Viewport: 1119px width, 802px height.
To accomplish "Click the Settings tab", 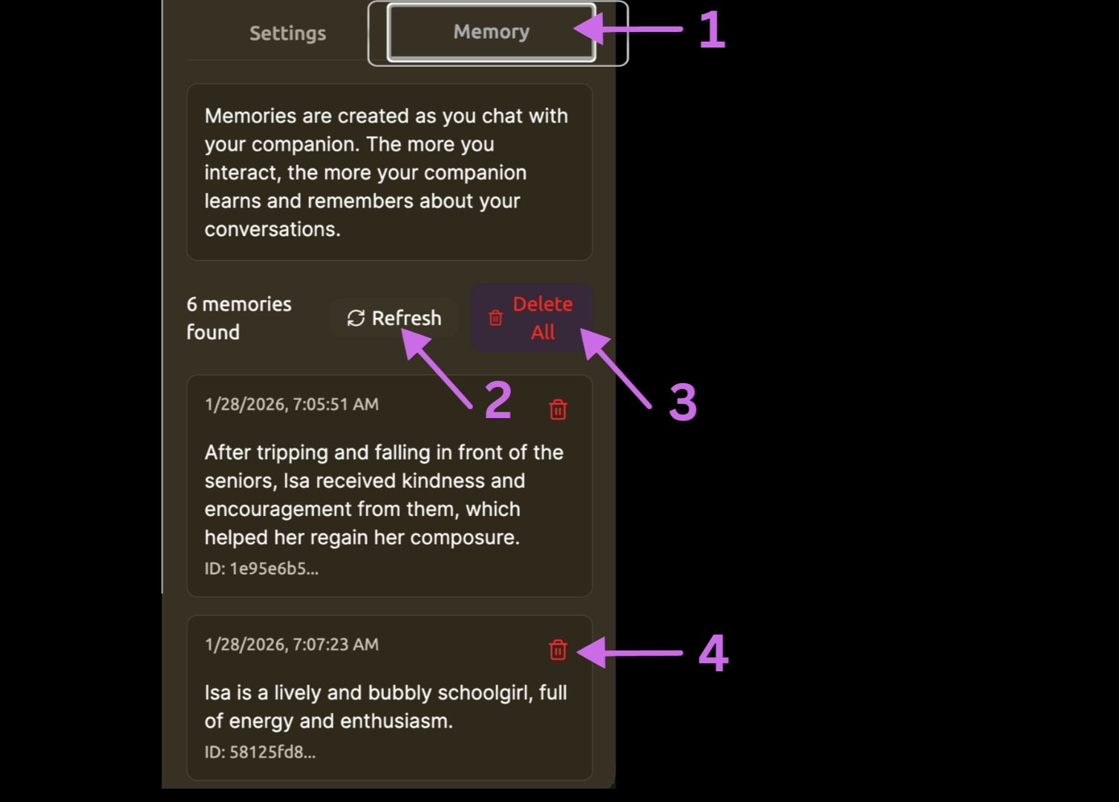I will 287,33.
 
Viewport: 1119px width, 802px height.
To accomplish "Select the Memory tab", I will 491,32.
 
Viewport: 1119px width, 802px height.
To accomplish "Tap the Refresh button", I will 394,318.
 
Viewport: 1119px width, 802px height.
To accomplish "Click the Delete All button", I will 532,318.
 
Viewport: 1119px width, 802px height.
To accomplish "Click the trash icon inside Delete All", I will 496,319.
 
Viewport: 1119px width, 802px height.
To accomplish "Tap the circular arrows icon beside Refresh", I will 356,318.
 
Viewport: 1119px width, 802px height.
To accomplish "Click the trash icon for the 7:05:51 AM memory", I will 558,409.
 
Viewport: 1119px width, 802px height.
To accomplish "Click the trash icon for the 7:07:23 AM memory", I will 558,650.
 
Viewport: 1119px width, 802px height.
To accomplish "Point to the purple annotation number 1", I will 712,30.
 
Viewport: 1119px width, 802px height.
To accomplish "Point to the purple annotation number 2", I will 498,400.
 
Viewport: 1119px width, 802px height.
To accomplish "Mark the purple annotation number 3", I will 682,402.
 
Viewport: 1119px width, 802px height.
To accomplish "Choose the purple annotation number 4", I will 714,653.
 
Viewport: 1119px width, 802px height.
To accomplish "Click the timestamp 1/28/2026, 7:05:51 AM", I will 292,405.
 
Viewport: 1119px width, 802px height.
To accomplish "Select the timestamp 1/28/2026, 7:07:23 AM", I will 292,645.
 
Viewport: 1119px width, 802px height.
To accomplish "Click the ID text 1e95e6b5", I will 261,569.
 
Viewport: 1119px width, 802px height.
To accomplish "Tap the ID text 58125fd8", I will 260,752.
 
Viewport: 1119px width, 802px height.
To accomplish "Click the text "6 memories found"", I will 238,318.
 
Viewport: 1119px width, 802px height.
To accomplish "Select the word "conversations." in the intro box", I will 273,229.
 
